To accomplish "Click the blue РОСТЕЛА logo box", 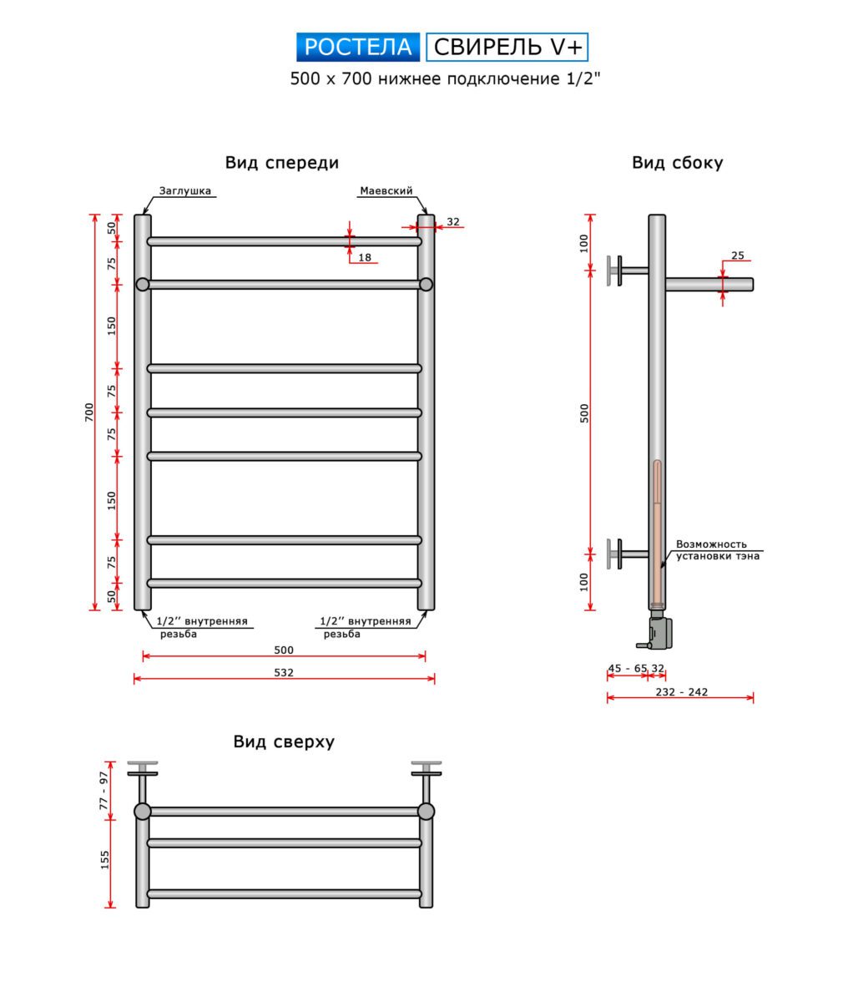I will (x=358, y=47).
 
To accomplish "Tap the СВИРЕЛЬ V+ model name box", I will (x=507, y=47).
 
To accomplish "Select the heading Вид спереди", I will (x=281, y=163).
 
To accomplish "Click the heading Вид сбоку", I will (x=677, y=163).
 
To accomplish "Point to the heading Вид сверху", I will (x=284, y=741).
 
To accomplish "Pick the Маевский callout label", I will (x=386, y=191).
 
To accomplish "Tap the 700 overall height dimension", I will (x=89, y=412).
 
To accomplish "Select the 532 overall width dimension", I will (x=284, y=672).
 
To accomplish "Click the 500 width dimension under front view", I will (x=284, y=650).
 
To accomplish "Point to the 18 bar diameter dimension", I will (x=365, y=257).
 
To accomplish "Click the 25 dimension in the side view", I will (x=737, y=256).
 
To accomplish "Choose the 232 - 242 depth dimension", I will (x=681, y=691).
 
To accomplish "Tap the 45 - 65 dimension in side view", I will (x=627, y=668).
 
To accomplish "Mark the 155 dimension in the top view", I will (x=105, y=859).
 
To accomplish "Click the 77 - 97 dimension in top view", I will (x=104, y=789).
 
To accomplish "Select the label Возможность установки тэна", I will (x=717, y=550).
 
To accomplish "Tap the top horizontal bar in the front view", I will (x=284, y=241).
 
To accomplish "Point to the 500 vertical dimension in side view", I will (x=584, y=412).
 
